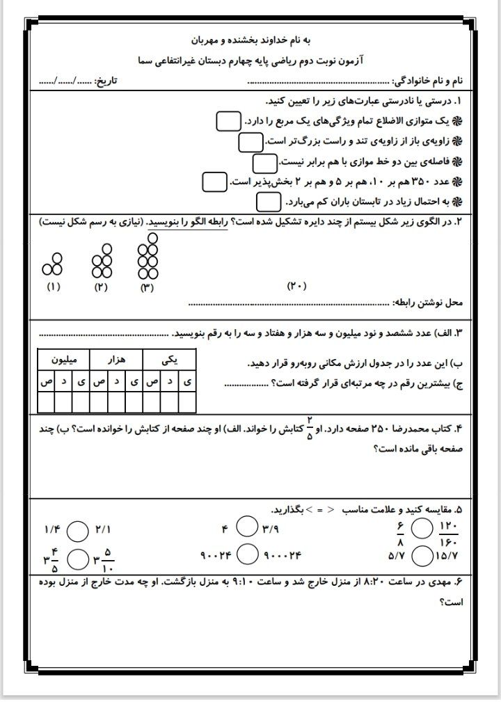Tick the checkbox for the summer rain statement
pyautogui.click(x=268, y=202)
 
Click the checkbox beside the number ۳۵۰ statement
pyautogui.click(x=214, y=182)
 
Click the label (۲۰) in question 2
pyautogui.click(x=296, y=286)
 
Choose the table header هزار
pyautogui.click(x=116, y=359)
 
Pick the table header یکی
pyautogui.click(x=169, y=359)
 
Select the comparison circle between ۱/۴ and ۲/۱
pyautogui.click(x=81, y=530)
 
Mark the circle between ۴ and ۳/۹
pyautogui.click(x=247, y=530)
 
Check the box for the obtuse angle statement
pyautogui.click(x=250, y=141)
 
